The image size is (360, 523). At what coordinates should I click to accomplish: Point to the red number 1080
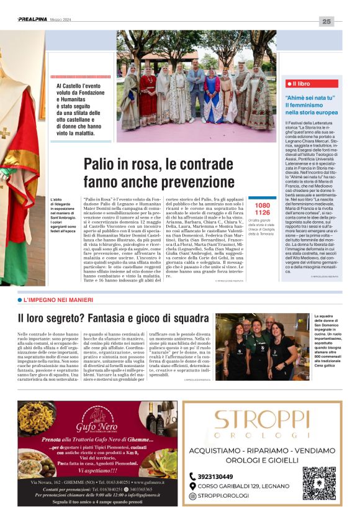(263, 205)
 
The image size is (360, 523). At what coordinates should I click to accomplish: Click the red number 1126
(263, 212)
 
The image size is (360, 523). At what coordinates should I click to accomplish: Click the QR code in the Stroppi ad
(319, 483)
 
